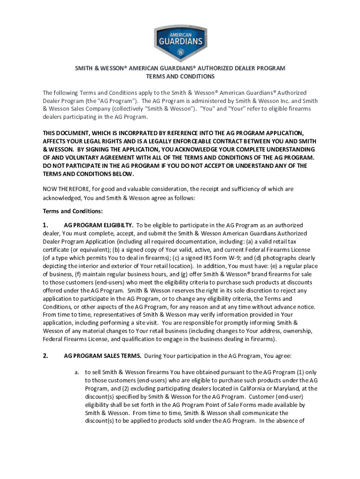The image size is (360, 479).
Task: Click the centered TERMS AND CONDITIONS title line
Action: click(x=180, y=76)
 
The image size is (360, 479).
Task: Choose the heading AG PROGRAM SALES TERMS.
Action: click(x=102, y=356)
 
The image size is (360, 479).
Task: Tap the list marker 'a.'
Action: click(x=76, y=372)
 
